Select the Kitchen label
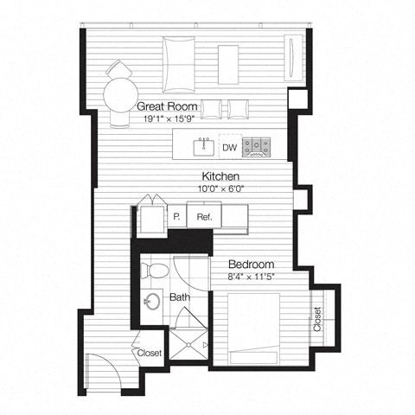(x=209, y=176)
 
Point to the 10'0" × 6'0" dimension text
(x=209, y=188)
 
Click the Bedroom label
(x=252, y=264)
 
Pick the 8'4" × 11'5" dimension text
(x=252, y=277)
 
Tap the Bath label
(x=179, y=297)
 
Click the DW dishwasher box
(x=229, y=147)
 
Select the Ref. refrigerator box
(x=205, y=217)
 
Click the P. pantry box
(x=176, y=217)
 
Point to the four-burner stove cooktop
(x=257, y=147)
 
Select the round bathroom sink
(x=151, y=303)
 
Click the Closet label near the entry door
(x=150, y=353)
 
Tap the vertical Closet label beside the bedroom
(x=317, y=320)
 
